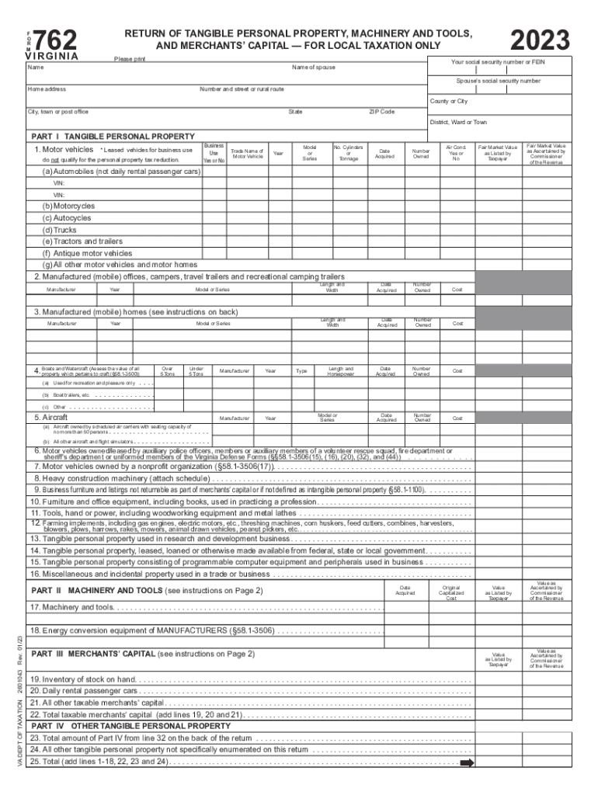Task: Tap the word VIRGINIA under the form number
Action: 53,57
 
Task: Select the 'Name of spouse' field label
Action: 314,68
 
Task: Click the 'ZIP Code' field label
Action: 381,112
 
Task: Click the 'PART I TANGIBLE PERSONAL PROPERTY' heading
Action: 112,137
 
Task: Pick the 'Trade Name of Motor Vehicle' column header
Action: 247,154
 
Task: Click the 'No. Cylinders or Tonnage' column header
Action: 349,152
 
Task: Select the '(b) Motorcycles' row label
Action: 69,207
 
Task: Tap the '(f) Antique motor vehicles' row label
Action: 88,253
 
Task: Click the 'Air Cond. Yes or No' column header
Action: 456,152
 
